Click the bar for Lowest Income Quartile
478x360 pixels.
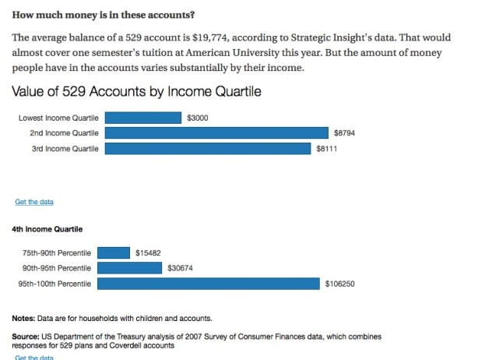pyautogui.click(x=142, y=118)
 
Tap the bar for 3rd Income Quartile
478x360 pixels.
pyautogui.click(x=208, y=148)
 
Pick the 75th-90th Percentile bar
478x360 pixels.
pyautogui.click(x=114, y=253)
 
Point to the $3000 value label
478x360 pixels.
pyautogui.click(x=197, y=118)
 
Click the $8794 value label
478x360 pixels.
pyautogui.click(x=343, y=133)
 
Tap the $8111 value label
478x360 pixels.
pyautogui.click(x=327, y=148)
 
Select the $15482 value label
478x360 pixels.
pyautogui.click(x=147, y=253)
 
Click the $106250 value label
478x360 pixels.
pyautogui.click(x=339, y=284)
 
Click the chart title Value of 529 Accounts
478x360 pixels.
pyautogui.click(x=136, y=92)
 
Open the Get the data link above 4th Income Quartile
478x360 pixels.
pyautogui.click(x=34, y=203)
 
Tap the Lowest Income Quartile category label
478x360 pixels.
pyautogui.click(x=58, y=118)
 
